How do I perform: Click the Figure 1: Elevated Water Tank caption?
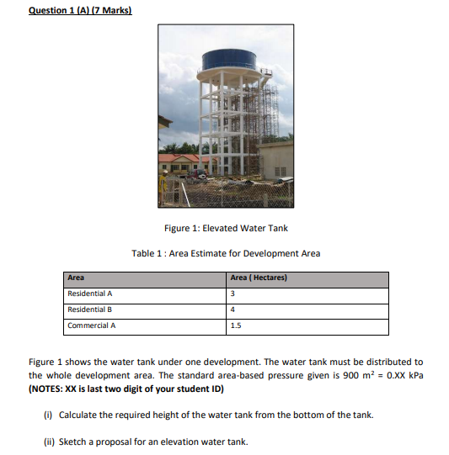pos(226,228)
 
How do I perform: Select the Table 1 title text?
pos(226,253)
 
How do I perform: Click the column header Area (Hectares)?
pos(259,278)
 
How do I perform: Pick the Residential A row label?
pos(90,294)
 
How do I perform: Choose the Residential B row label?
pos(90,310)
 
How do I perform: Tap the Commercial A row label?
pos(92,325)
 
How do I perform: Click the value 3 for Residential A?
pos(233,294)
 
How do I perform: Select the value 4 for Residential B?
pos(233,310)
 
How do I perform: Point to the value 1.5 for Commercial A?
pos(236,325)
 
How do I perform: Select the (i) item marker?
pos(48,415)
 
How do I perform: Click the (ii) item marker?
pos(49,442)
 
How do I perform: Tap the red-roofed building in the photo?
pos(179,158)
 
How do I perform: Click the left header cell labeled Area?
pos(76,278)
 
